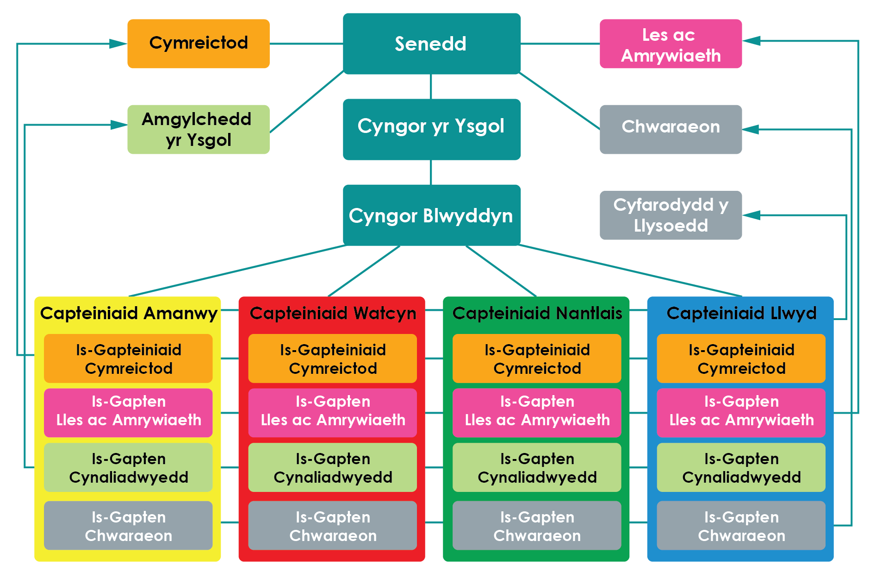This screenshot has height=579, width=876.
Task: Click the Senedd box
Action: click(431, 44)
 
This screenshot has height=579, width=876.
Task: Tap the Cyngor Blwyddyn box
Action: click(431, 215)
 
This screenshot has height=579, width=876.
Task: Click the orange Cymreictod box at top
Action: click(198, 44)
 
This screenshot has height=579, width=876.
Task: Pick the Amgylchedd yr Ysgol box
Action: click(198, 129)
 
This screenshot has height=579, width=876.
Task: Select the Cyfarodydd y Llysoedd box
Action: click(671, 215)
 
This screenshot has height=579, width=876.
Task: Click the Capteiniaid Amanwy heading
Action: click(128, 314)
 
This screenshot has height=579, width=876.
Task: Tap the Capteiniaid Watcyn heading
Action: click(333, 314)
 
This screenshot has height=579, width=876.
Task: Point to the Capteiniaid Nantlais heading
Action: click(537, 314)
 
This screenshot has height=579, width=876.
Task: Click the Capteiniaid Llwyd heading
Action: click(741, 314)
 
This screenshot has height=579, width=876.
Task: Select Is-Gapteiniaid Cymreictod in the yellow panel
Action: click(128, 359)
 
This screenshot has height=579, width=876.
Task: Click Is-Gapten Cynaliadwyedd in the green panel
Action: click(537, 467)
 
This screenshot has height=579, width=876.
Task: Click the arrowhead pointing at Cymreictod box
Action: click(118, 44)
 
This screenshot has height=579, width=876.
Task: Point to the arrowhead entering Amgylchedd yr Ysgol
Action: click(118, 125)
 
